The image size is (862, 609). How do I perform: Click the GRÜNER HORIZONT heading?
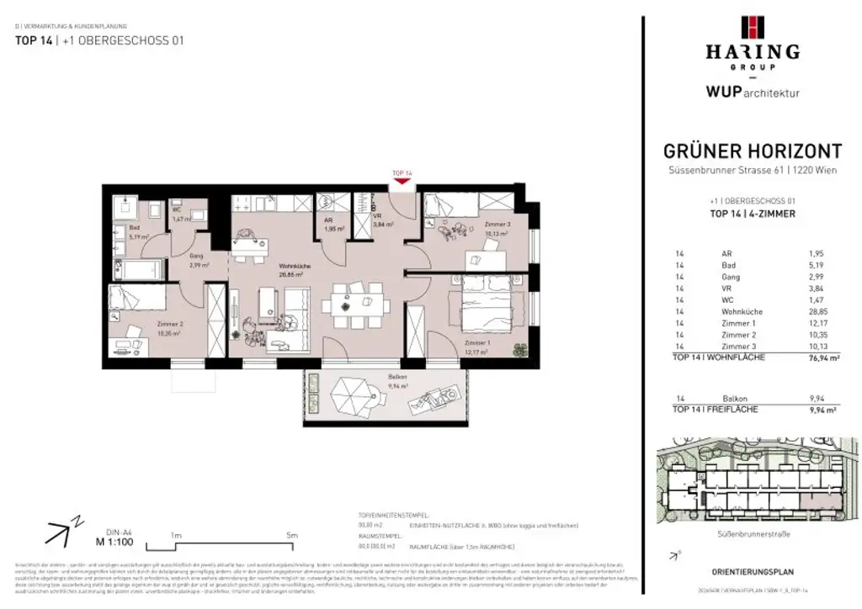pos(753,151)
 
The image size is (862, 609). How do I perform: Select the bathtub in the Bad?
pos(138,270)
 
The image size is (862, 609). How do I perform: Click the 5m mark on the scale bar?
pos(292,535)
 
